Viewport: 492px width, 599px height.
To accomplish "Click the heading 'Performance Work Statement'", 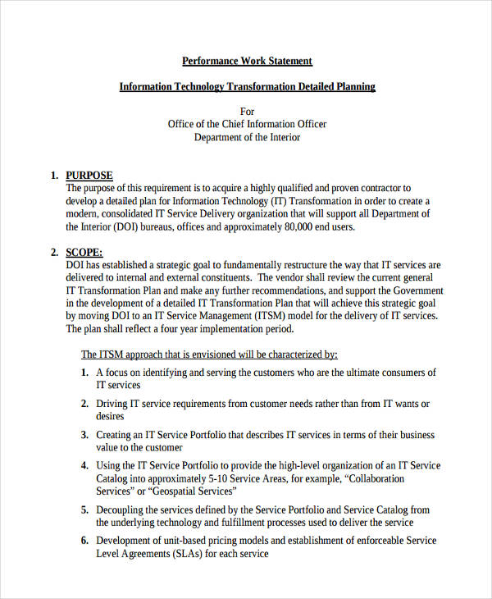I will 246,61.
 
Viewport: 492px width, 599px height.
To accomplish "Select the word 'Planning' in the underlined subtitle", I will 354,86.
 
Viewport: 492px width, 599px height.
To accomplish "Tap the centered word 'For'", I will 247,112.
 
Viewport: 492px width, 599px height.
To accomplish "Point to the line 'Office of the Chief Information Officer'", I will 247,124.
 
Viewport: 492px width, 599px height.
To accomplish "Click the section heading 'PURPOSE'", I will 89,175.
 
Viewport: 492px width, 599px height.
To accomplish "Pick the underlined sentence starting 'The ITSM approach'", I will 209,354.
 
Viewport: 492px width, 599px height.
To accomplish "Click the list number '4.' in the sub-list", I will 84,465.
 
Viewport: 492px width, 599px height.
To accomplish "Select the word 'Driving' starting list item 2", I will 112,404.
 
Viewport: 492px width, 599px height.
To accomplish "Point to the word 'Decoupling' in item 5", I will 121,510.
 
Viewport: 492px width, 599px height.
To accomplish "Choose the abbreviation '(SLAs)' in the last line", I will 185,554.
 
